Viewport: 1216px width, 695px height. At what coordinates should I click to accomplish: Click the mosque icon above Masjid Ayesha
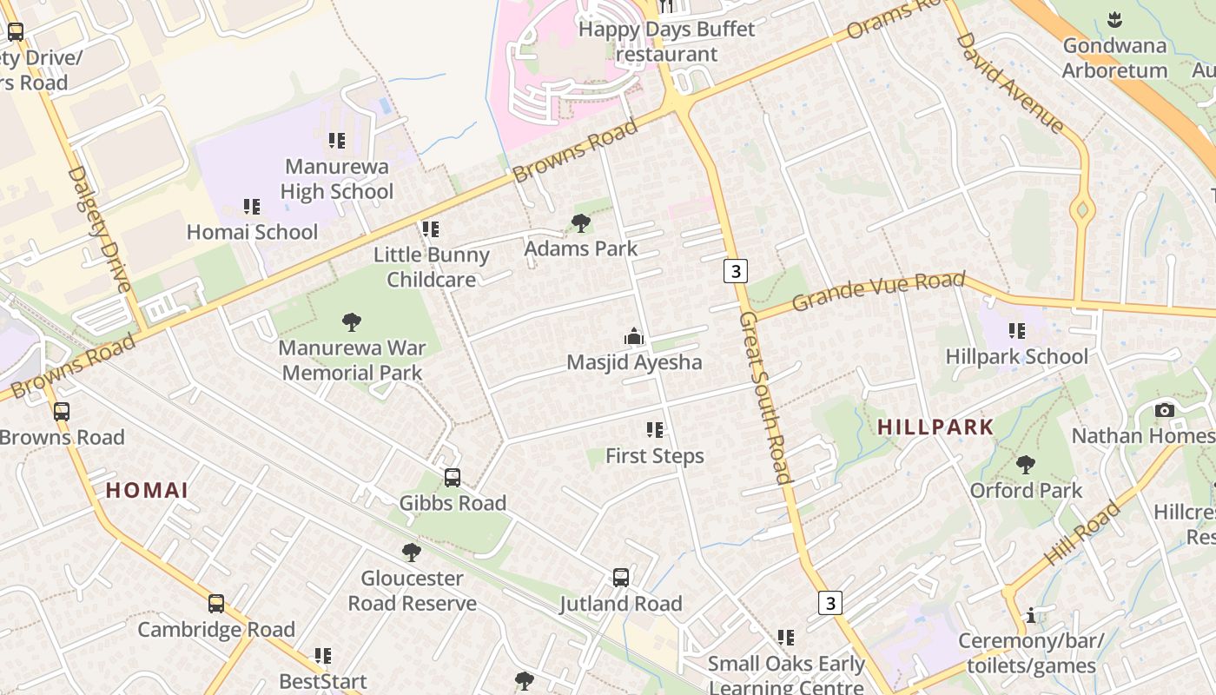click(x=634, y=336)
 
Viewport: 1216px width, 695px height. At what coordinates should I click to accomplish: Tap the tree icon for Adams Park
click(x=581, y=223)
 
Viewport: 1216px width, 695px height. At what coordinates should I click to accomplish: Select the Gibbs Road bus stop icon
click(x=453, y=477)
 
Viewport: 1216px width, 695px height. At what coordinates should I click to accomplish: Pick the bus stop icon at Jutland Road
click(x=621, y=578)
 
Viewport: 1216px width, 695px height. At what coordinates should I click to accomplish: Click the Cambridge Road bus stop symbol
click(x=216, y=604)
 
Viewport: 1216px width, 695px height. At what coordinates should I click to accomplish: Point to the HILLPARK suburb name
click(x=935, y=427)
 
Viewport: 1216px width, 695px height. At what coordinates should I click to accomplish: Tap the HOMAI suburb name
click(x=148, y=490)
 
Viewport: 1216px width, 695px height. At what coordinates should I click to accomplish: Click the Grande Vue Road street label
click(x=878, y=290)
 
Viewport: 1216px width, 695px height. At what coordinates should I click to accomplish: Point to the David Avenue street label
click(x=1009, y=83)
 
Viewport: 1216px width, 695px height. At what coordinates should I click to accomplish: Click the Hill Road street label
click(x=1083, y=533)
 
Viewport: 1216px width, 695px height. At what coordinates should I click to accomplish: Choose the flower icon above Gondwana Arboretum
click(x=1114, y=19)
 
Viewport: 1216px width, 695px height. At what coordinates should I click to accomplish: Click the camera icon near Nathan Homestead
click(x=1165, y=410)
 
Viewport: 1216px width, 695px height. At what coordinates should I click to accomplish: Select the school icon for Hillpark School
click(x=1017, y=331)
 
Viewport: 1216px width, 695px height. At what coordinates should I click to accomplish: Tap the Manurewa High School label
click(x=337, y=178)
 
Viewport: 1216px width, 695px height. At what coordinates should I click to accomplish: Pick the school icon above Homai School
click(x=252, y=207)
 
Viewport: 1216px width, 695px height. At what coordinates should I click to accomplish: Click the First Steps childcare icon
click(x=655, y=430)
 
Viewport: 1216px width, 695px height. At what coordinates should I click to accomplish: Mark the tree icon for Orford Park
click(x=1026, y=465)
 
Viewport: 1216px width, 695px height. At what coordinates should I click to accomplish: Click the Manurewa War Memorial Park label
click(x=352, y=361)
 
